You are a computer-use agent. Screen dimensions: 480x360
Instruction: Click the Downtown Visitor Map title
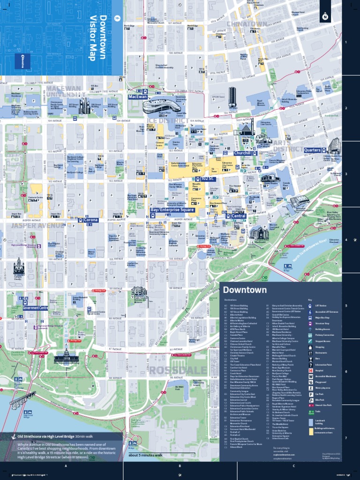[x=97, y=37]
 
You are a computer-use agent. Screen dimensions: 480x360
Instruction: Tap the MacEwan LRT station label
[x=138, y=97]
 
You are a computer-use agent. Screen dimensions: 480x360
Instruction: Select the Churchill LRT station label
[x=242, y=153]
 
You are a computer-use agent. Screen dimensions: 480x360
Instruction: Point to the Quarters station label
[x=312, y=150]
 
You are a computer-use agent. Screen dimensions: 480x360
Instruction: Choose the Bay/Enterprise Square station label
[x=172, y=210]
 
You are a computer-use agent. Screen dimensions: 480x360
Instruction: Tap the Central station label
[x=239, y=216]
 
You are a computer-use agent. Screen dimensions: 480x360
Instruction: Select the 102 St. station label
[x=208, y=179]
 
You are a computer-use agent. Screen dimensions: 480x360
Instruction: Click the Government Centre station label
[x=35, y=308]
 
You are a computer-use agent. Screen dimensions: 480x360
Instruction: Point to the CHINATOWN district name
[x=247, y=24]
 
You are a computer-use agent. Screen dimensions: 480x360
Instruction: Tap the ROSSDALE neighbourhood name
[x=171, y=370]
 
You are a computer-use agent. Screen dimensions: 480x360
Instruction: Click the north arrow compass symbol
[x=325, y=17]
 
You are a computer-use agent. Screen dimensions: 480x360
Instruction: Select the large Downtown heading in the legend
[x=245, y=290]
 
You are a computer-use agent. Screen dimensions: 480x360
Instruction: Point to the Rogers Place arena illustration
[x=161, y=105]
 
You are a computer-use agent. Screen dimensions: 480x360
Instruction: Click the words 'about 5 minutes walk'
[x=145, y=455]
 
